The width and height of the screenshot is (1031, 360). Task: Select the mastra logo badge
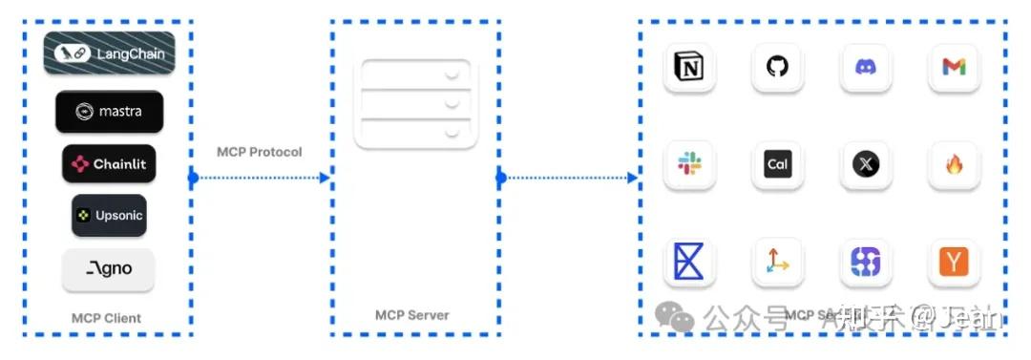coord(109,112)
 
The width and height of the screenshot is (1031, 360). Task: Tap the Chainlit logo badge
coord(109,164)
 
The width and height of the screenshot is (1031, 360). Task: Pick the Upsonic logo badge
coord(109,216)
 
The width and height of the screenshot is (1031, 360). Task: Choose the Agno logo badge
coord(109,269)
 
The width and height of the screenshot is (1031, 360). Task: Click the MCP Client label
coord(106,318)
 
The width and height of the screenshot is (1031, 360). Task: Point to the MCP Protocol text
coord(259,152)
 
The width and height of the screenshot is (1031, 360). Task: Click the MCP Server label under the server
coord(412,315)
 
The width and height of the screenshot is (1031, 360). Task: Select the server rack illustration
coord(415,103)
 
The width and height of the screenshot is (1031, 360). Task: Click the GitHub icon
coord(777,67)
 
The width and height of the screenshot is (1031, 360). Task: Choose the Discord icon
coord(866,67)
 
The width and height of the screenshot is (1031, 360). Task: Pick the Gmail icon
coord(954,67)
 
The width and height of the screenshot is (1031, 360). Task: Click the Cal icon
coord(777,164)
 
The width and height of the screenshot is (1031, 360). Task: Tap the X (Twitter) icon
coord(866,164)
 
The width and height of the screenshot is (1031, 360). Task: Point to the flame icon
coord(954,164)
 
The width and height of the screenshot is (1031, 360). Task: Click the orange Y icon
coord(954,262)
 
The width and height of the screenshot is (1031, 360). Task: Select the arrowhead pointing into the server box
coord(324,178)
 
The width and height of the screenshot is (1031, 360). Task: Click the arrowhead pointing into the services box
coord(632,178)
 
